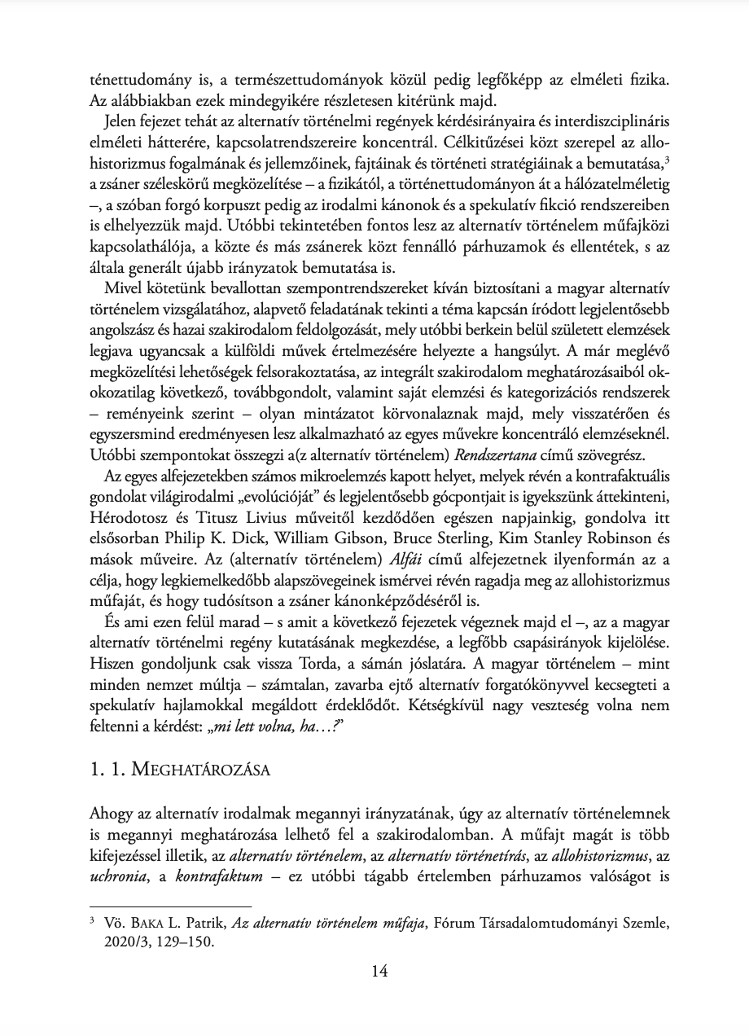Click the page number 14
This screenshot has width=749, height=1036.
point(379,970)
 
